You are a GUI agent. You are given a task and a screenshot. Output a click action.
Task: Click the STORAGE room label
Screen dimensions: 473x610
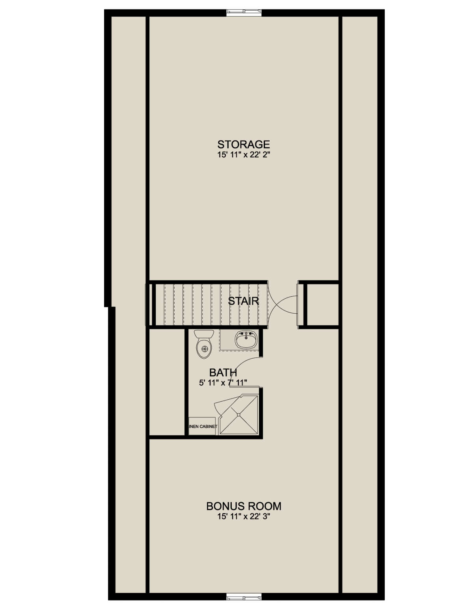point(243,144)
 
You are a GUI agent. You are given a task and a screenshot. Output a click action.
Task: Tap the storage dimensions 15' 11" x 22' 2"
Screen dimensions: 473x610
point(243,155)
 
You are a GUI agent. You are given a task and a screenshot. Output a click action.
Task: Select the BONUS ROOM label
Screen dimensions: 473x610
point(244,506)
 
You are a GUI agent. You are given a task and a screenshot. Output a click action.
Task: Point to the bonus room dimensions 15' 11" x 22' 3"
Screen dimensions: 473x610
point(244,516)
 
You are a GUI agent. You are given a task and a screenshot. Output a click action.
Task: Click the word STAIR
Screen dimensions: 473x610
point(243,301)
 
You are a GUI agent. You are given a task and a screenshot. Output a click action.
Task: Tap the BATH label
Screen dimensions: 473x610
point(223,373)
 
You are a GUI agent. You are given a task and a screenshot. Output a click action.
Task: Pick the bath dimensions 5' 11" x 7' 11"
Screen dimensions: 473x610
point(223,383)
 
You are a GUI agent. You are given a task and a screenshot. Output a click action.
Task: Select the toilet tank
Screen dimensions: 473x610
point(204,335)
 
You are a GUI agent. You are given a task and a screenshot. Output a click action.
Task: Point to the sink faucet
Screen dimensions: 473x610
point(246,335)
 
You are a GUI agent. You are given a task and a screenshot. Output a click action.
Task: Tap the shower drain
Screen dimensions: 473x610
point(238,414)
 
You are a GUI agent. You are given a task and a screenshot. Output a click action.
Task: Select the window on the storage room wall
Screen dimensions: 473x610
point(244,11)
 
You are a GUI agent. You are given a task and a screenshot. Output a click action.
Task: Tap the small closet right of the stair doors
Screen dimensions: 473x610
point(323,305)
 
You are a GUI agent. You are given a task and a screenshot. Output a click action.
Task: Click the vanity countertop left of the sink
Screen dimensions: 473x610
point(227,340)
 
